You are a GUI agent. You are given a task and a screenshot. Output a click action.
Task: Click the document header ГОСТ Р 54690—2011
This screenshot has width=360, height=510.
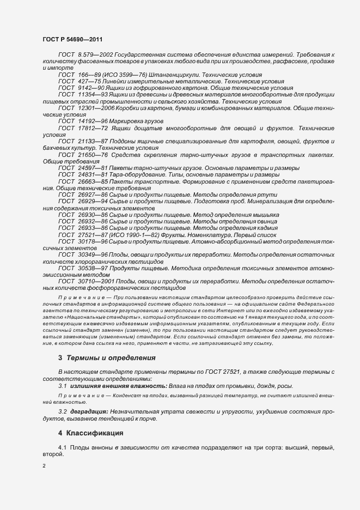(x=72, y=40)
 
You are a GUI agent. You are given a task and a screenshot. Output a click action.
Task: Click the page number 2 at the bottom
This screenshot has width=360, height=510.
(x=44, y=466)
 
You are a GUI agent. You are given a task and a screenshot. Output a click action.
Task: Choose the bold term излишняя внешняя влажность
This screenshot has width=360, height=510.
(x=110, y=386)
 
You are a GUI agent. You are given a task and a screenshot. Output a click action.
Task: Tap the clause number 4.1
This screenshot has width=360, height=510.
(x=62, y=447)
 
